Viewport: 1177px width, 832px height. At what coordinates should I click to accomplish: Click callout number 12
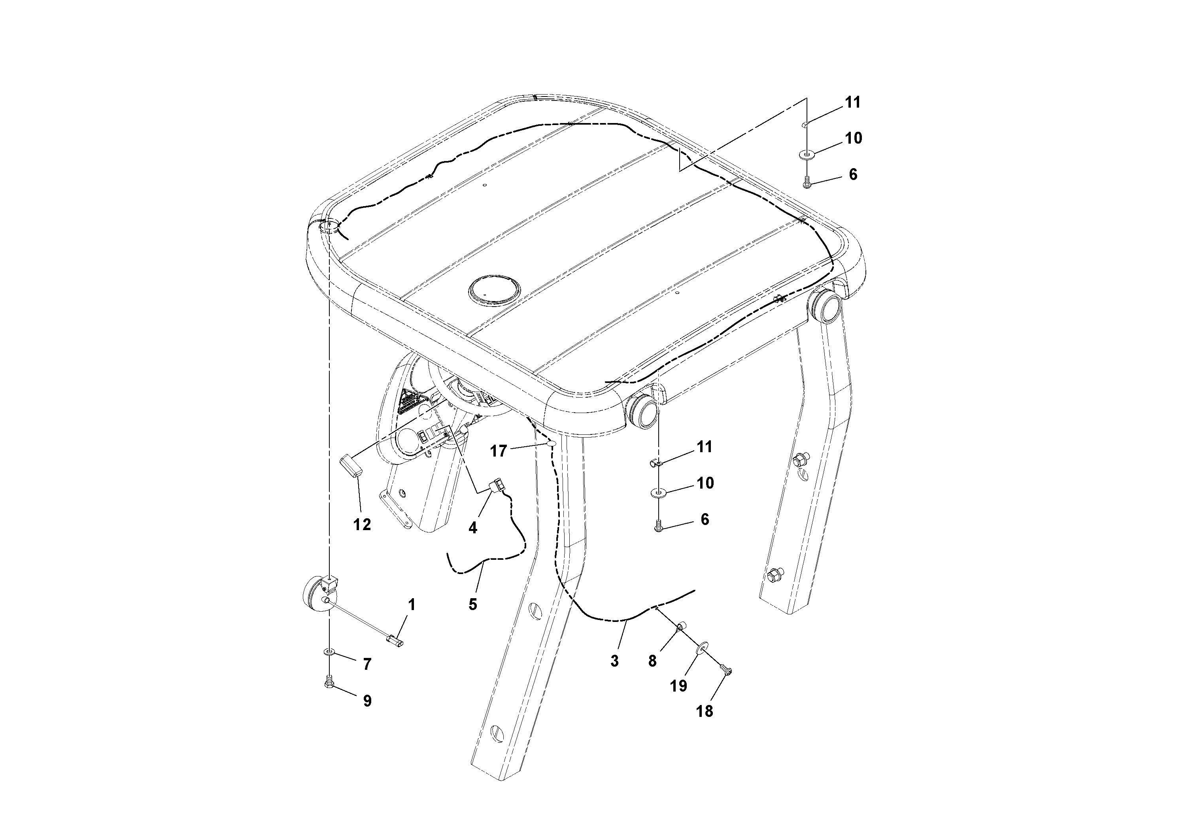[362, 524]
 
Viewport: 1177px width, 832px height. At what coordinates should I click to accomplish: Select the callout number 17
[498, 451]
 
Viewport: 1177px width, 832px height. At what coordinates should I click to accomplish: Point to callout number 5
[472, 604]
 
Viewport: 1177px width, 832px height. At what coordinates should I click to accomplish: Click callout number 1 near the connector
[411, 605]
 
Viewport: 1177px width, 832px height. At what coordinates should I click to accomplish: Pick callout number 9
[367, 701]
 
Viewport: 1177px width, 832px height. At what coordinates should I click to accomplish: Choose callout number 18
[705, 711]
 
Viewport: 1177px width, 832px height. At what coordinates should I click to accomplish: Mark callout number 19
[678, 685]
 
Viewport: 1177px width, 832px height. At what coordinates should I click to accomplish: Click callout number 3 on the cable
[615, 661]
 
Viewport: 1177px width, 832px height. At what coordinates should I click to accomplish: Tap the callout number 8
[652, 661]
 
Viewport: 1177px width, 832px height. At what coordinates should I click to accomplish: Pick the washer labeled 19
[702, 649]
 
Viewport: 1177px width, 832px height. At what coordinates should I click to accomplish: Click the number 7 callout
[367, 664]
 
